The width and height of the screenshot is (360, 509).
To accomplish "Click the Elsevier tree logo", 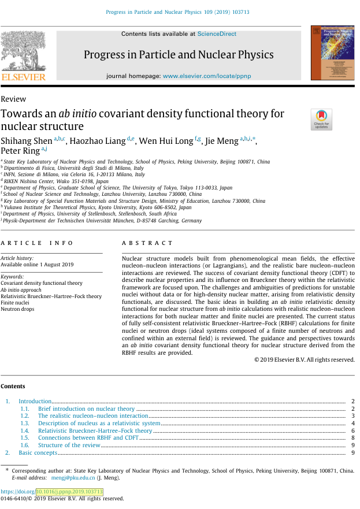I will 23,51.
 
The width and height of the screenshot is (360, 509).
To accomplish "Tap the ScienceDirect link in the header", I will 217,34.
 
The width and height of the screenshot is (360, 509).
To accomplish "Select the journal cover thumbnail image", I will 332,53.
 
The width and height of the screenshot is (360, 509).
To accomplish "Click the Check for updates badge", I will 321,119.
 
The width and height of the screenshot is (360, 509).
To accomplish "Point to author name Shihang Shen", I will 27,141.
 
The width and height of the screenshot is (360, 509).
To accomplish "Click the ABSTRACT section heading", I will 147,244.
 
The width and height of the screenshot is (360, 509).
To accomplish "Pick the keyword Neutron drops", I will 17,309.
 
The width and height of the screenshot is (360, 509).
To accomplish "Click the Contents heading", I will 13,387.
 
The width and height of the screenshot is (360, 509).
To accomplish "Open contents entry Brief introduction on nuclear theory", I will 86,409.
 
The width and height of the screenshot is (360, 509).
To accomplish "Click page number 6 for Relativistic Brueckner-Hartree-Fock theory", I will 352,431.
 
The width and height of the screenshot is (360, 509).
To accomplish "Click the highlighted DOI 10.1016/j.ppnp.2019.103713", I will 69,492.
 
